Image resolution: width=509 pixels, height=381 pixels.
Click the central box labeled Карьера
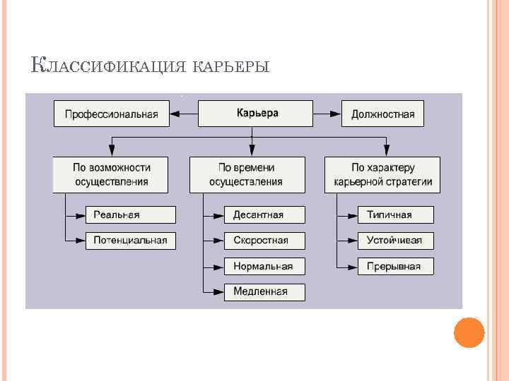pos(255,113)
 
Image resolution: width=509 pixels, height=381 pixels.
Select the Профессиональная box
pos(112,114)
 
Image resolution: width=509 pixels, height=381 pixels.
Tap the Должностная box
pos(382,114)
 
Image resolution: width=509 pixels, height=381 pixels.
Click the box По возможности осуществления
pos(111,175)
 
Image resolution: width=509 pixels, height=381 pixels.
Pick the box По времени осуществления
pos(247,175)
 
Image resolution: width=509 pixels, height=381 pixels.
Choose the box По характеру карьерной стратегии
pos(382,175)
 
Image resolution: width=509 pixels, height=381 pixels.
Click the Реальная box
pos(130,215)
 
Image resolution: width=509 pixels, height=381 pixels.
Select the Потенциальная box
pos(130,241)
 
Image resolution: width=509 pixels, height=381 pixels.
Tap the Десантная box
pos(264,215)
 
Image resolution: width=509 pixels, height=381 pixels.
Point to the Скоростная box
pos(264,241)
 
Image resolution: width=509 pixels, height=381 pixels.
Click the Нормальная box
pos(264,266)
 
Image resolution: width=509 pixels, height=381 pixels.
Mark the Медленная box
pos(264,291)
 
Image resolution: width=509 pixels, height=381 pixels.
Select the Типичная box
pos(395,215)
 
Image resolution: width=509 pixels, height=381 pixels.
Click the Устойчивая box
pos(395,241)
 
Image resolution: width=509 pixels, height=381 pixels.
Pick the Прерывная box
pos(395,266)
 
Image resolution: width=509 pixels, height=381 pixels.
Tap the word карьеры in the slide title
pos(230,68)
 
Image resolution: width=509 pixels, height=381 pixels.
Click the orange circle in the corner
pos(469,332)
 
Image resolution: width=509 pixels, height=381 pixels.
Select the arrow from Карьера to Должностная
pos(327,113)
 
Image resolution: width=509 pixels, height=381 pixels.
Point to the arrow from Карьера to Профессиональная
pos(184,113)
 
